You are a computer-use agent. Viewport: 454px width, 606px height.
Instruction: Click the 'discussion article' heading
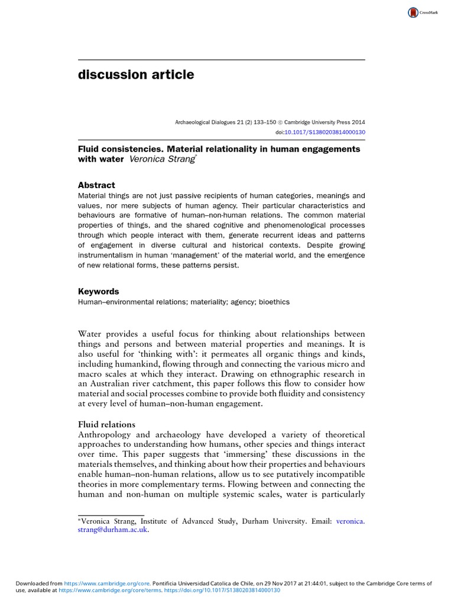click(136, 75)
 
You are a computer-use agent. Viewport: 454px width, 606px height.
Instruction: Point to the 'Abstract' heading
click(96, 185)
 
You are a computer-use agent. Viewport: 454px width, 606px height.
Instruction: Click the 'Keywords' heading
click(99, 291)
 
